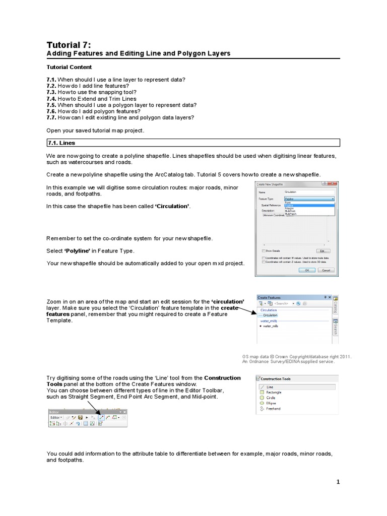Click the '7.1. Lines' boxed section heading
pos(61,143)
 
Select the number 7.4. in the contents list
pos(52,99)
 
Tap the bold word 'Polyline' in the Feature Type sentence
pos(79,250)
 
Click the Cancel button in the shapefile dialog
pos(326,270)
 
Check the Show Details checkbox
pos(264,250)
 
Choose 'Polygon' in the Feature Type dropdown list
pos(290,208)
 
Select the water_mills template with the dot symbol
pos(270,326)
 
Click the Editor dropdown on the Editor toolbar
pos(56,417)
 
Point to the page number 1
pos(339,482)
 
